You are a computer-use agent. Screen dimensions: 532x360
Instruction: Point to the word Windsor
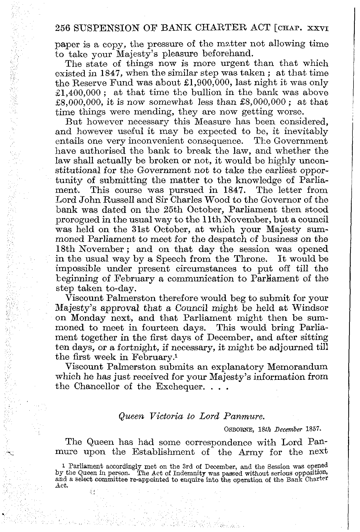307,308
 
